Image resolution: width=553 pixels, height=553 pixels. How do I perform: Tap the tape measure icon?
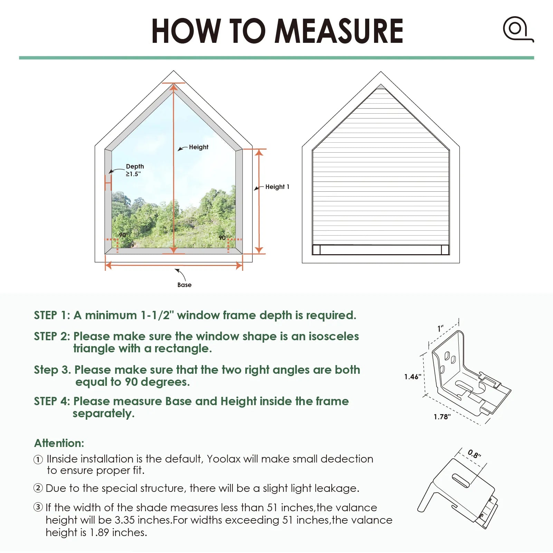pos(517,29)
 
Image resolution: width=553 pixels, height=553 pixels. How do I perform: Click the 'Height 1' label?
pos(277,187)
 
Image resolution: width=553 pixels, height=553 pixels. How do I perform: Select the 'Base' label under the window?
pos(184,285)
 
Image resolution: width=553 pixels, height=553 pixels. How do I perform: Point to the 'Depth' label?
pos(135,166)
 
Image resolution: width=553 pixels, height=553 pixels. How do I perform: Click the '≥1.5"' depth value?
pos(133,174)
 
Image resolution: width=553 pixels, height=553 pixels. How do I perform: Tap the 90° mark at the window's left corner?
pos(123,235)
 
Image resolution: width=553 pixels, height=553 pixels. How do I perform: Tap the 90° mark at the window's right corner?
pos(223,238)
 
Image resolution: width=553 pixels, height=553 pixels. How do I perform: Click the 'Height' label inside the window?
pos(199,147)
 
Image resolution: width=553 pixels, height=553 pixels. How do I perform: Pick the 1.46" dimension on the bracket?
pos(412,377)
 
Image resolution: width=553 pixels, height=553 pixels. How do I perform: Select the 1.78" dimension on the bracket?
pos(442,417)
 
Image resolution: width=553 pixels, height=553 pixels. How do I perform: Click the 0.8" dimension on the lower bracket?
pos(474,454)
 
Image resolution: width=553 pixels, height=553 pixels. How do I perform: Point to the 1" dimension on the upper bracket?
pos(440,328)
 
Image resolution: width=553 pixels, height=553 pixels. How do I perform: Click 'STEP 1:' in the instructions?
pos(52,315)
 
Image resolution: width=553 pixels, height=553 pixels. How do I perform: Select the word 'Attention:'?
pos(59,443)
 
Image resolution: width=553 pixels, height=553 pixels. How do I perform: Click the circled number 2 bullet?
pos(38,488)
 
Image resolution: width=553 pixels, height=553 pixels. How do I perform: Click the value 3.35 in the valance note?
pos(124,520)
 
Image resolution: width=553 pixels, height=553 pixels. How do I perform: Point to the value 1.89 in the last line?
pos(100,533)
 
